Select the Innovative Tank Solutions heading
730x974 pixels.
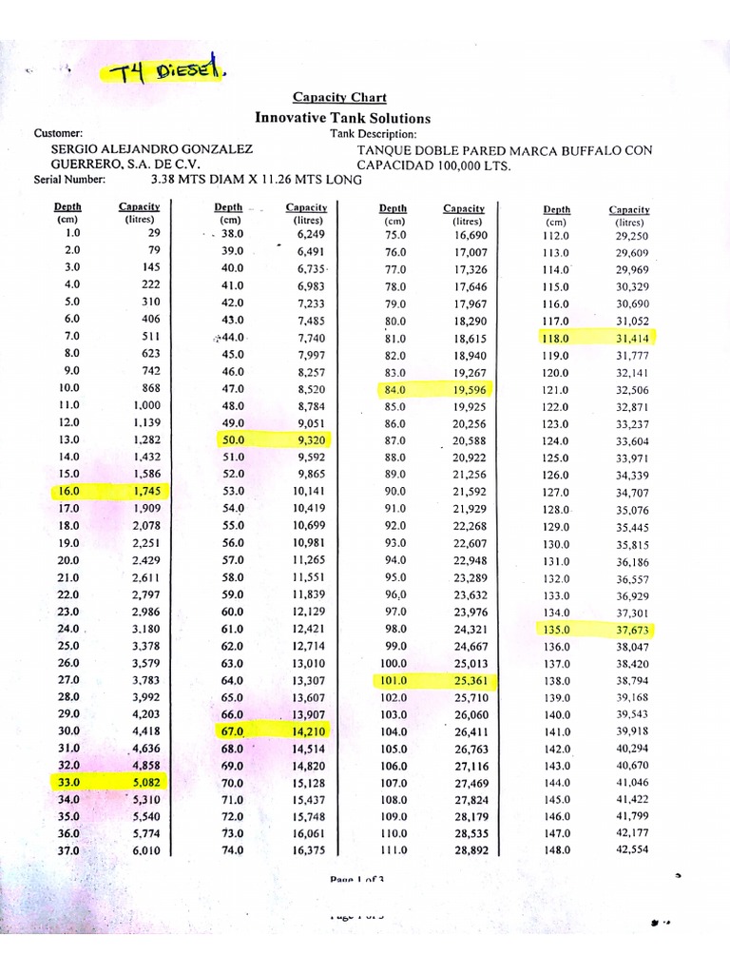342,118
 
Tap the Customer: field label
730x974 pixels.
58,134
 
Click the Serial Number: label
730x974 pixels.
69,178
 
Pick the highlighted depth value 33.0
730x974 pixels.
67,783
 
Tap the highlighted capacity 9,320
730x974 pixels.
311,440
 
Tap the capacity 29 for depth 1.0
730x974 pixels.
153,233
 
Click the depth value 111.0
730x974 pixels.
393,850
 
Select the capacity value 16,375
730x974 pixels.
309,850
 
